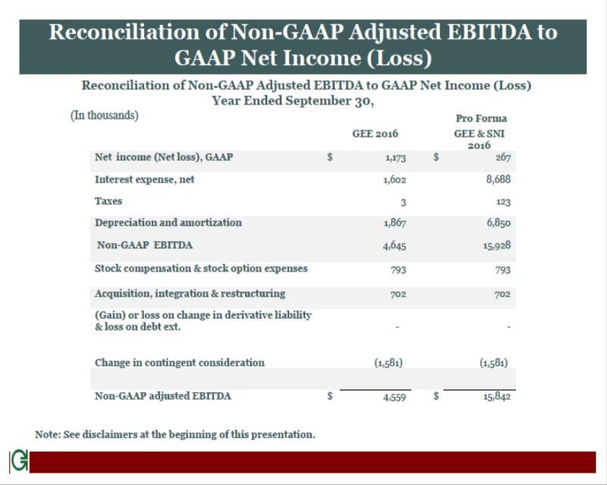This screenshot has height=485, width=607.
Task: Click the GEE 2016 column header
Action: point(375,134)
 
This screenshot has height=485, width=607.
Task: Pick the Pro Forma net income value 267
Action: point(502,158)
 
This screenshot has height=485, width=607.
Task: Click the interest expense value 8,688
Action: point(497,181)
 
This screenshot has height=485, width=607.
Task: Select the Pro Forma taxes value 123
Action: point(502,203)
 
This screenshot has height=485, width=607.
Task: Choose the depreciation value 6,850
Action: point(497,223)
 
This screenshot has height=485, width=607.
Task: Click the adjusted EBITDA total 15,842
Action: point(495,396)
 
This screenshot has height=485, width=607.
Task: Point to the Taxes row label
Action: point(109,201)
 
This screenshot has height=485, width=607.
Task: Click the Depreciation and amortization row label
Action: point(168,222)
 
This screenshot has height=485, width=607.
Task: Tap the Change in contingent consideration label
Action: point(179,362)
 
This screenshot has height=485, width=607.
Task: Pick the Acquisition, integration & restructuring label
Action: point(190,293)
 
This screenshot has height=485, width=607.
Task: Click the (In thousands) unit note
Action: point(105,115)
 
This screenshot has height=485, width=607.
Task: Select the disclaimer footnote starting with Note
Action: point(175,434)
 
